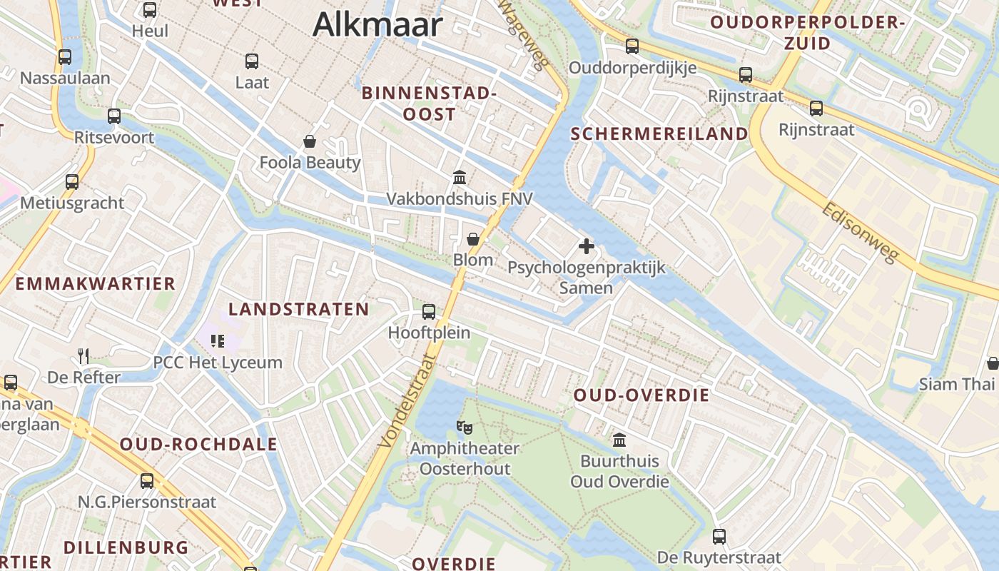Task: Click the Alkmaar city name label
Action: [x=377, y=24]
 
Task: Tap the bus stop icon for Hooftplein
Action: [x=429, y=311]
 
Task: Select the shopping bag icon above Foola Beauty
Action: [x=310, y=141]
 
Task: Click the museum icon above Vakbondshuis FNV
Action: [x=460, y=176]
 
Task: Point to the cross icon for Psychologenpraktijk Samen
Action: [x=587, y=246]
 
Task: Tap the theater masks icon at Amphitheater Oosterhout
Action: [x=465, y=427]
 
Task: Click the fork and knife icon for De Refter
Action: [x=83, y=355]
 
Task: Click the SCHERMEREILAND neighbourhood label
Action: [x=659, y=134]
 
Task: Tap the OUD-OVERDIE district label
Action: [x=642, y=395]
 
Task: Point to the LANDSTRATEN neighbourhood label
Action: [x=298, y=309]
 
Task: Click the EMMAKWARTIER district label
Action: [x=95, y=283]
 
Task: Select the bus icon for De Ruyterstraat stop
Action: [x=719, y=536]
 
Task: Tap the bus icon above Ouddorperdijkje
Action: [x=632, y=46]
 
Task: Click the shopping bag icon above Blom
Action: [x=472, y=238]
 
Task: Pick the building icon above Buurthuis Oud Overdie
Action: [x=619, y=440]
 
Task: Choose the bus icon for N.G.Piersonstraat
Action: [x=147, y=480]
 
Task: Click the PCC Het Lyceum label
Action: [x=218, y=363]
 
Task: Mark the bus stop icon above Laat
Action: [x=252, y=61]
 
